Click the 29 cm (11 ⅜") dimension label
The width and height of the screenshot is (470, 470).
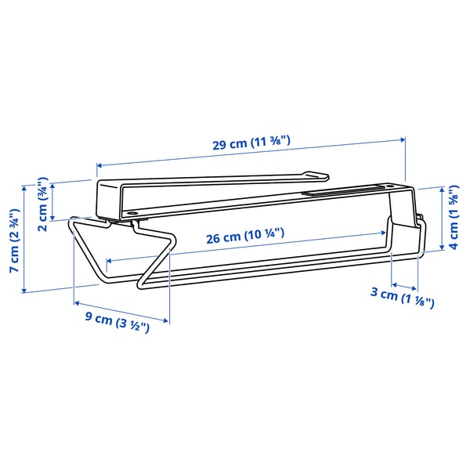(x=251, y=143)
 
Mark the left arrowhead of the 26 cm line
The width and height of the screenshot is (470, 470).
(x=109, y=260)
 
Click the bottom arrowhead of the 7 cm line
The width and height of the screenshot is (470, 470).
(x=27, y=290)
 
